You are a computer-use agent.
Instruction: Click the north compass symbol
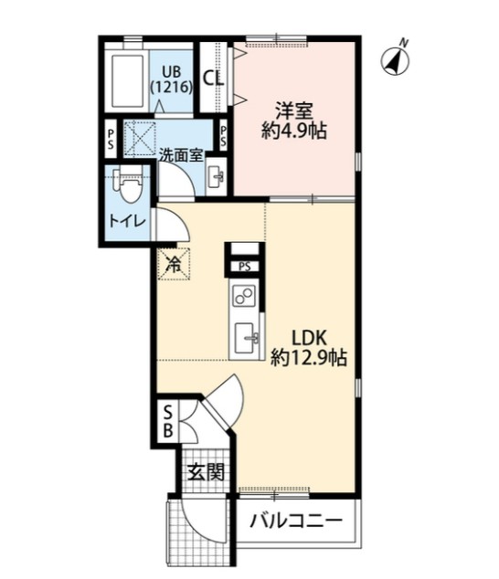tap(395, 60)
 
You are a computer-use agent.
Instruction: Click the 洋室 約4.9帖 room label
tap(295, 120)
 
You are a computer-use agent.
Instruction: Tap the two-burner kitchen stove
tap(243, 296)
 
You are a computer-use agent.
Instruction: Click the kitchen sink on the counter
tap(245, 336)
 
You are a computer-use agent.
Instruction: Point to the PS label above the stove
tap(244, 267)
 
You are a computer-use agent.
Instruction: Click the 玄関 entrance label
tap(206, 472)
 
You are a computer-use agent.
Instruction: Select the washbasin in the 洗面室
tap(217, 177)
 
